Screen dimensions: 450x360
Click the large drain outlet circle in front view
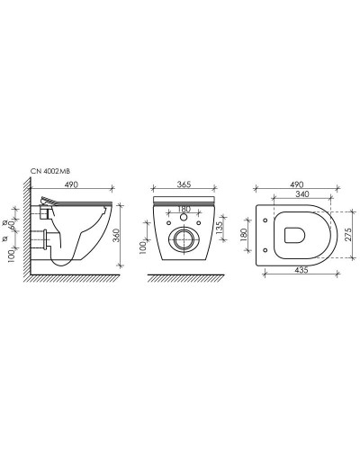[185, 238]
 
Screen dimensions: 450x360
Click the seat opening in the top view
[292, 235]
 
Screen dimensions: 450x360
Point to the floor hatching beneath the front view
[184, 277]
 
